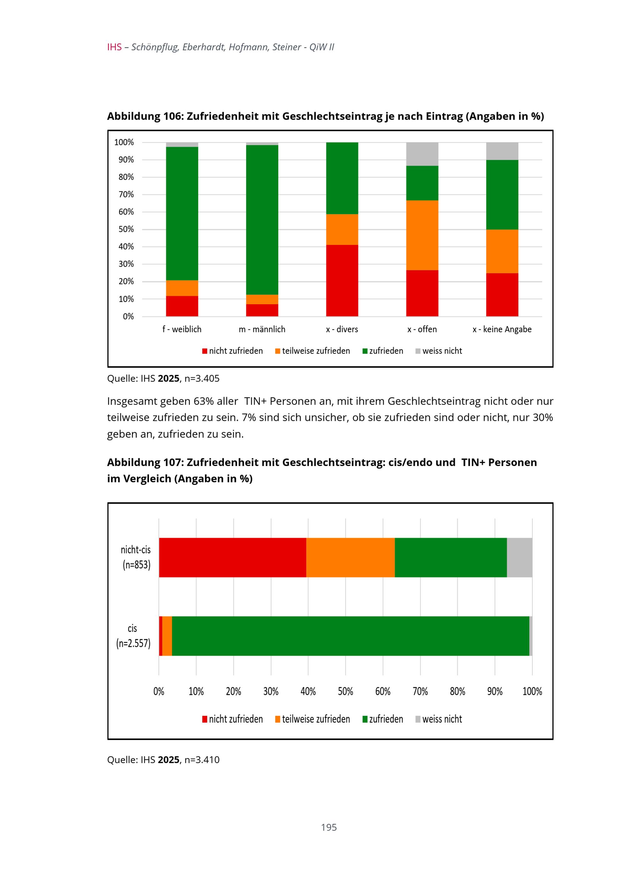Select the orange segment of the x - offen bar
(422, 235)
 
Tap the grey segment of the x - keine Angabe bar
(502, 151)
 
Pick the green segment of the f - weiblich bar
(182, 213)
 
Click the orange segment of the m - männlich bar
(262, 299)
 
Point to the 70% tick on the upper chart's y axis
(126, 194)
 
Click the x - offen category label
(422, 329)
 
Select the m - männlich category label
(262, 329)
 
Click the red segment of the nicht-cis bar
(232, 557)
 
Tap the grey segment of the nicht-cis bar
(519, 557)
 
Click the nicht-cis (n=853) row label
(136, 557)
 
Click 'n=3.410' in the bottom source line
(202, 759)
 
